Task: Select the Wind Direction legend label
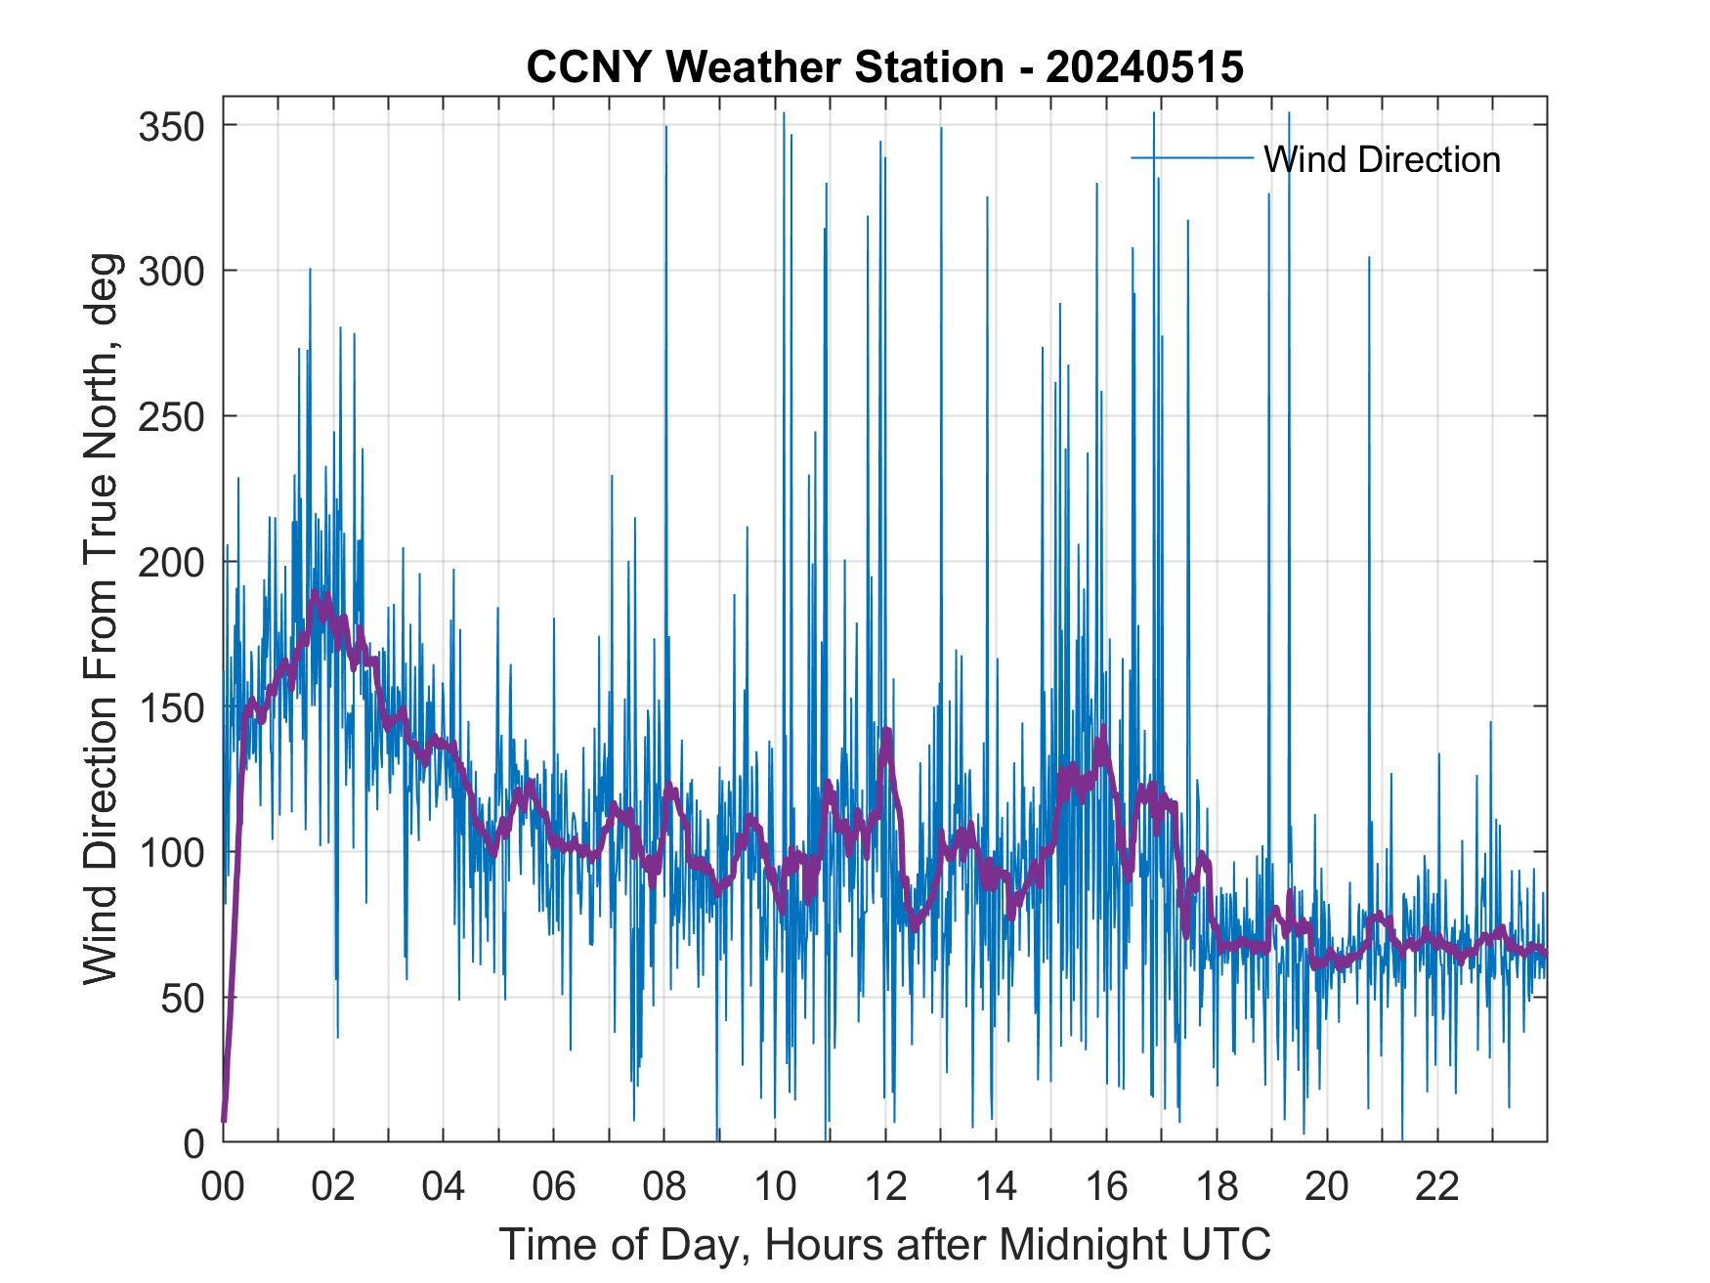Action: [x=1381, y=159]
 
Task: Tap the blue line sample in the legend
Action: [x=1191, y=158]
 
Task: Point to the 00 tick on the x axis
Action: [x=224, y=1188]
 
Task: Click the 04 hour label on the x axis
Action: [x=445, y=1188]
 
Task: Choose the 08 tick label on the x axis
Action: [x=665, y=1188]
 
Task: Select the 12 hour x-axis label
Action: [x=886, y=1188]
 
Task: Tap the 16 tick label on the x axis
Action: [x=1107, y=1188]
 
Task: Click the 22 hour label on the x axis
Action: [x=1438, y=1188]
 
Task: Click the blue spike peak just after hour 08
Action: [x=666, y=128]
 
